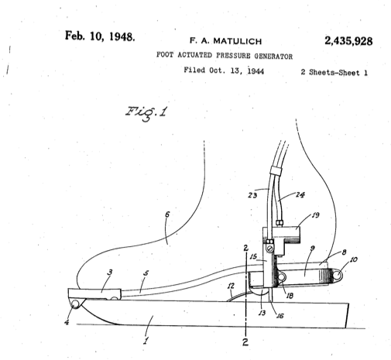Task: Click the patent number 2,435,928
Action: pos(348,41)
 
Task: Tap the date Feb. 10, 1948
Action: pos(100,36)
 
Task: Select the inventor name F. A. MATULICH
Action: pos(226,41)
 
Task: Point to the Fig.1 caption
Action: pos(146,112)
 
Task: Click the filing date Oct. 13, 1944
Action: pos(237,70)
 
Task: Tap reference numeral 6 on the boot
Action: pos(167,214)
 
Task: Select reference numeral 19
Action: pos(315,214)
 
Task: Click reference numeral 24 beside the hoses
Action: pos(300,194)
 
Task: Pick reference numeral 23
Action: pos(252,195)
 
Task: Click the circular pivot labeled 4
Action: pos(75,304)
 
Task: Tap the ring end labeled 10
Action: pos(337,275)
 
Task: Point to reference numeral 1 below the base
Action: pos(146,341)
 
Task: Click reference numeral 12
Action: pos(231,286)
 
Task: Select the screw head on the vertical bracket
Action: pos(270,249)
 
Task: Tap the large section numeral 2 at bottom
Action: pos(245,342)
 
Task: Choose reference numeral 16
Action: pos(280,315)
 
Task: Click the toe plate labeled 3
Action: pos(94,294)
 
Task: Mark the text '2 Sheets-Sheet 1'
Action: pos(334,73)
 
